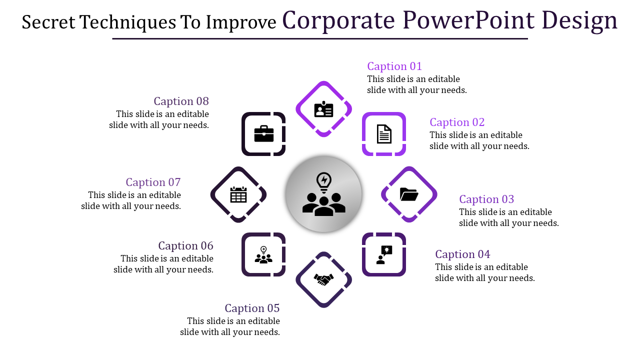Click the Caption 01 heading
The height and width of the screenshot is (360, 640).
point(394,66)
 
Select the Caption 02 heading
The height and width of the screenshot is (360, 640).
point(457,122)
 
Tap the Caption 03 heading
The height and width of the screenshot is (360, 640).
point(486,199)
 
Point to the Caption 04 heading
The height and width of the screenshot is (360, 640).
point(462,254)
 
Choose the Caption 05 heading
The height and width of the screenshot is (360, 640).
point(252,308)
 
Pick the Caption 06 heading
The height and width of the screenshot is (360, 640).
point(185,246)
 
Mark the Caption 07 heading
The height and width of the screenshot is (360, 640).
point(153,182)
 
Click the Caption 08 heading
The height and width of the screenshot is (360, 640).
point(181,101)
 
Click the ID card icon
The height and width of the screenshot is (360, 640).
point(323,109)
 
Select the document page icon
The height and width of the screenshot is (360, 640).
point(384,134)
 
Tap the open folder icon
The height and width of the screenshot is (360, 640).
point(409,194)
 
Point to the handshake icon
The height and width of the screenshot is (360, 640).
point(323,279)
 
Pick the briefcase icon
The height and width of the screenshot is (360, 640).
point(263,134)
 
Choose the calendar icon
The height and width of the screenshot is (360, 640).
point(238,194)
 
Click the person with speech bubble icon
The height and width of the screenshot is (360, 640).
point(384,254)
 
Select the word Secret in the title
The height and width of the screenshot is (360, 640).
point(48,22)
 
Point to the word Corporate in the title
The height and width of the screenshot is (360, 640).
point(339,21)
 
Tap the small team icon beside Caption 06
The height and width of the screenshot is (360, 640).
point(263,255)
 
